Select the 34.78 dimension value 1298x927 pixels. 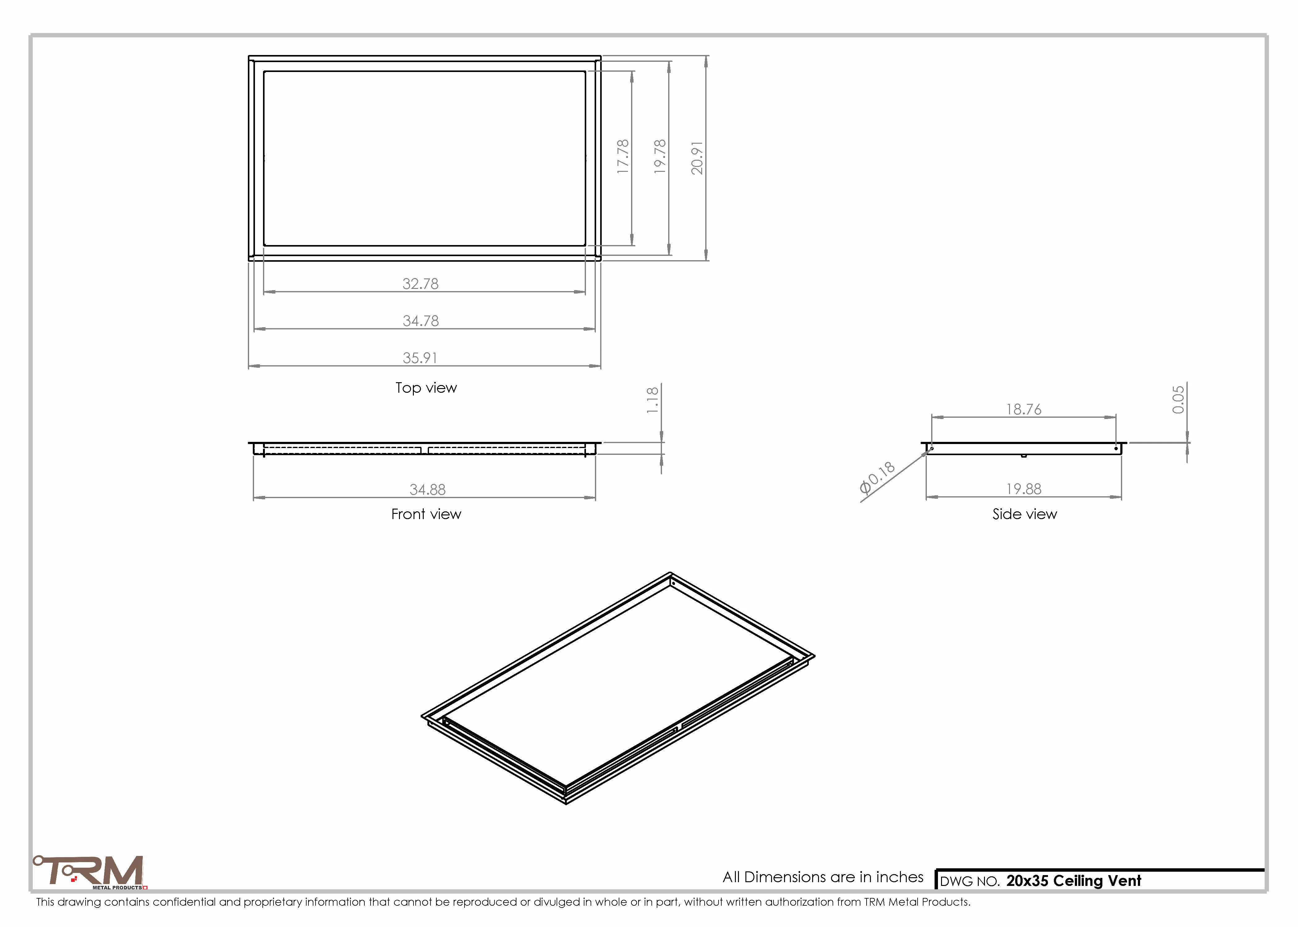coord(421,321)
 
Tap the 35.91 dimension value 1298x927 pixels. coord(420,358)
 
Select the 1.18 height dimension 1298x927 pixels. coord(652,400)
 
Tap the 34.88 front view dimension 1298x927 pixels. coord(427,490)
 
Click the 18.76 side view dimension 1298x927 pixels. coord(1024,409)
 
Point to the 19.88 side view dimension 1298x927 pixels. coord(1024,489)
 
